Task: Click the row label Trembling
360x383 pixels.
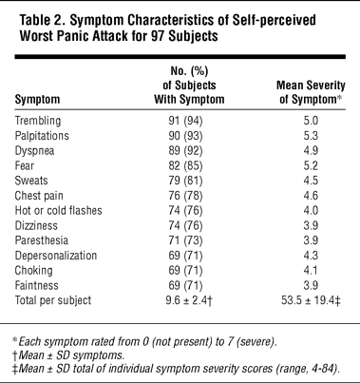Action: tap(38, 121)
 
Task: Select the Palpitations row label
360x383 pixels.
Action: tap(42, 136)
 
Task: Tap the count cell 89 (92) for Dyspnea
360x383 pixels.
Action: tap(185, 151)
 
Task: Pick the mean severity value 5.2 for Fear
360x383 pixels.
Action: tap(311, 165)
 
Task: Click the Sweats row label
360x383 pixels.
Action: tap(31, 181)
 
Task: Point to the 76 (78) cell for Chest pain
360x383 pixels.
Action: tap(185, 196)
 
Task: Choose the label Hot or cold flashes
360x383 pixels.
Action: tap(58, 210)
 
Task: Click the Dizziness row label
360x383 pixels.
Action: tap(36, 225)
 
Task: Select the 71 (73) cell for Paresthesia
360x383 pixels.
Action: tap(185, 240)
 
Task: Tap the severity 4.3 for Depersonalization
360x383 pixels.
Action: tap(311, 256)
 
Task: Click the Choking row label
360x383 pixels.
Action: tap(33, 271)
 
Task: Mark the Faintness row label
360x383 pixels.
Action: tap(36, 285)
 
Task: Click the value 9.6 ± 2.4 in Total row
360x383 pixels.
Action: tap(187, 300)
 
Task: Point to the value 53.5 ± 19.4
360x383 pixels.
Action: tap(308, 300)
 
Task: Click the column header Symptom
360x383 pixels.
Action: tap(37, 100)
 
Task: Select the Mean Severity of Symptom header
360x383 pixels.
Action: tap(311, 92)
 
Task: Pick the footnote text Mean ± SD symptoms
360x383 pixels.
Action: tap(71, 355)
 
